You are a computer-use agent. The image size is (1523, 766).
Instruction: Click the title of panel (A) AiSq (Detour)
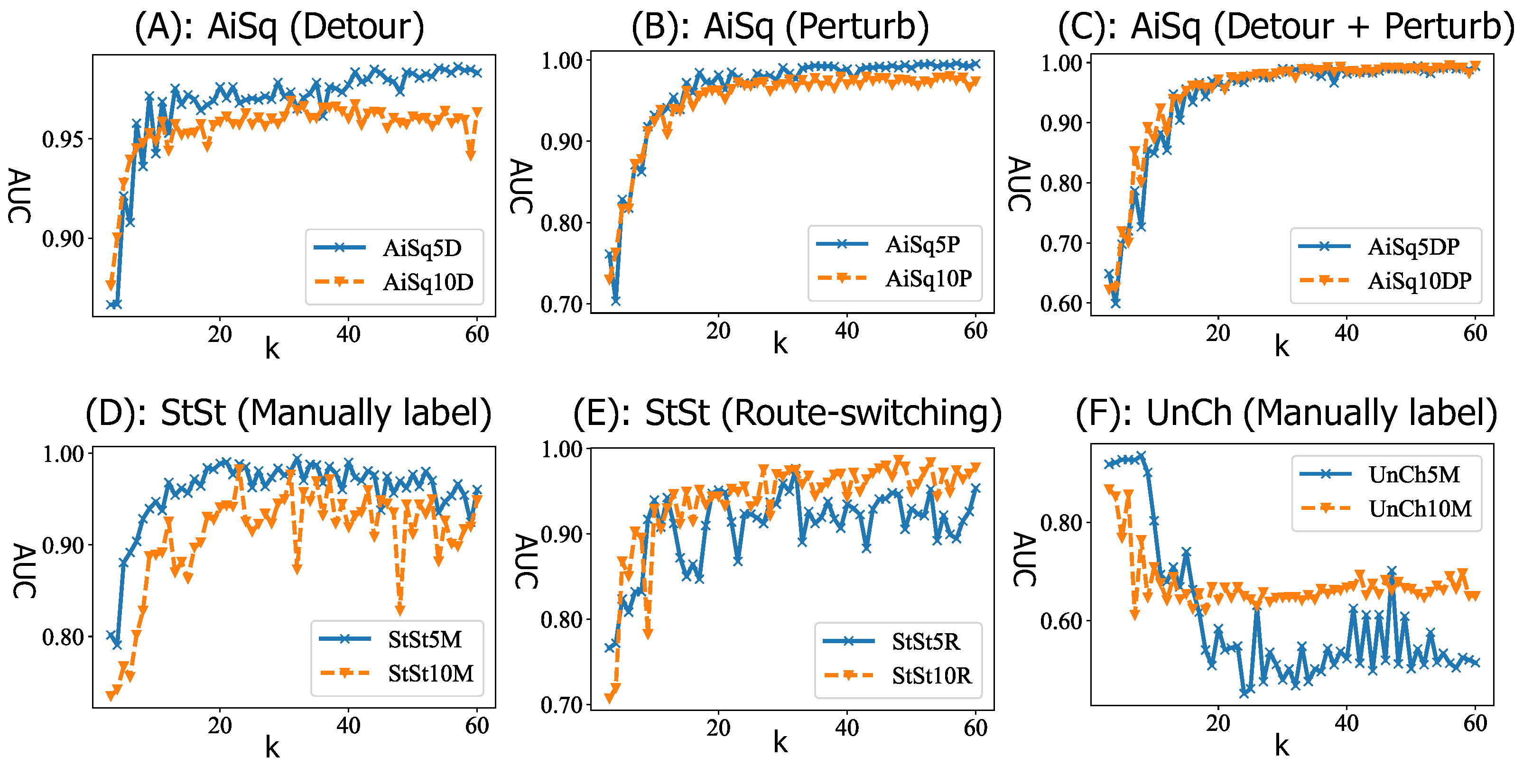[x=279, y=27]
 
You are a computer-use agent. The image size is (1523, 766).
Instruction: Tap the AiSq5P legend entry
[x=922, y=245]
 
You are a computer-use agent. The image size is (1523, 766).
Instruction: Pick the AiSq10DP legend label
[x=1419, y=281]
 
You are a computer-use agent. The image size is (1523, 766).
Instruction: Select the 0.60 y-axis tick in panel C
[x=1061, y=304]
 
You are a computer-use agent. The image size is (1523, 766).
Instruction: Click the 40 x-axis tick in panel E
[x=846, y=728]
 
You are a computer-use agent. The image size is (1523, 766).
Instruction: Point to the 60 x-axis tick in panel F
[x=1475, y=723]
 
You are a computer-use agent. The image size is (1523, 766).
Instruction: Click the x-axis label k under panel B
[x=780, y=344]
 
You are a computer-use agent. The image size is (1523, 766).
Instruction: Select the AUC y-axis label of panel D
[x=24, y=571]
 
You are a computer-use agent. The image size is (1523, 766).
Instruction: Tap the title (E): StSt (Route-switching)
[x=788, y=412]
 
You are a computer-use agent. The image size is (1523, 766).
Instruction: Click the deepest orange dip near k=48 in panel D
[x=400, y=609]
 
